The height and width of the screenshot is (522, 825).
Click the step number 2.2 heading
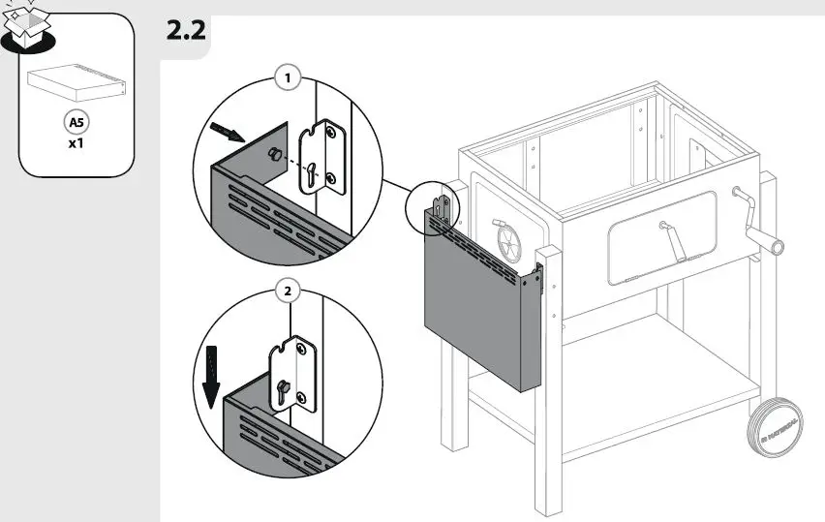(186, 31)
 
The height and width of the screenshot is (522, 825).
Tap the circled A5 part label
(76, 123)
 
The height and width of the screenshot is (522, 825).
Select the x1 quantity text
(76, 144)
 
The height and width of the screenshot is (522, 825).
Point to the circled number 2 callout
(286, 290)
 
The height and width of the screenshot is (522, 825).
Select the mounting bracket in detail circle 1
(321, 159)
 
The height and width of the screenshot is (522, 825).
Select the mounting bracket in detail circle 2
(295, 374)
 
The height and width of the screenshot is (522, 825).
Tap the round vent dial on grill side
(509, 241)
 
